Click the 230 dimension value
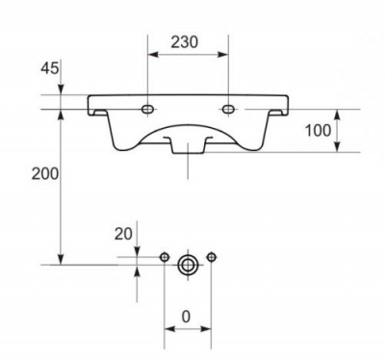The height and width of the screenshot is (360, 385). click(184, 42)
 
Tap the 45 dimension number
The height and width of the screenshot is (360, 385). click(50, 68)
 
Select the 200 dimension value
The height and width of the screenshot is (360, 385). click(45, 174)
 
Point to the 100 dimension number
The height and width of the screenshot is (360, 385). click(318, 131)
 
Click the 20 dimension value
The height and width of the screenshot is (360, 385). click(123, 234)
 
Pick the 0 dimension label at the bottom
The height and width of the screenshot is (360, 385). click(186, 317)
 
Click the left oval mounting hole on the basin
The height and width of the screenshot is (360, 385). click(147, 110)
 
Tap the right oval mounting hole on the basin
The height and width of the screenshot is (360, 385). click(228, 110)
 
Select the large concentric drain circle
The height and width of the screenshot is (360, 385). click(188, 265)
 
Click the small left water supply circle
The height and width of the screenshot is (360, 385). click(165, 257)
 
